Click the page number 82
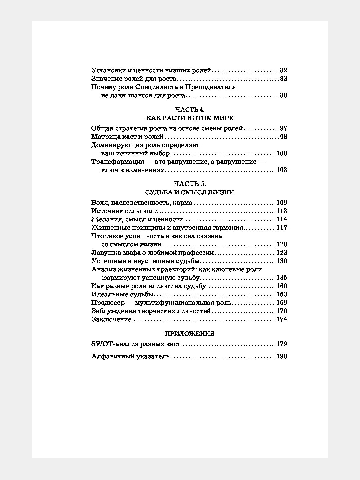click(x=284, y=70)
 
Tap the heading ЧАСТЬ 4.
click(x=189, y=109)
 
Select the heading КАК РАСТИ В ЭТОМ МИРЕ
click(x=189, y=118)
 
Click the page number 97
click(x=284, y=129)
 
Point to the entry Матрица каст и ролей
click(x=127, y=137)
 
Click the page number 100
click(x=282, y=153)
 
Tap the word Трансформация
click(x=118, y=162)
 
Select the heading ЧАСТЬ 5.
click(x=189, y=184)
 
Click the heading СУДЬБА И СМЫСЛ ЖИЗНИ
click(x=189, y=192)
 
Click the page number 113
click(x=282, y=211)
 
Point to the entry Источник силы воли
click(x=124, y=211)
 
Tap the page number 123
click(x=282, y=253)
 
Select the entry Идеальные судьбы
click(x=123, y=294)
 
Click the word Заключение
click(x=111, y=319)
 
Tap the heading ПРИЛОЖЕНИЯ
click(x=189, y=333)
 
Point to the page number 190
click(x=282, y=356)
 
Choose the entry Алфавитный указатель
click(x=130, y=356)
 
